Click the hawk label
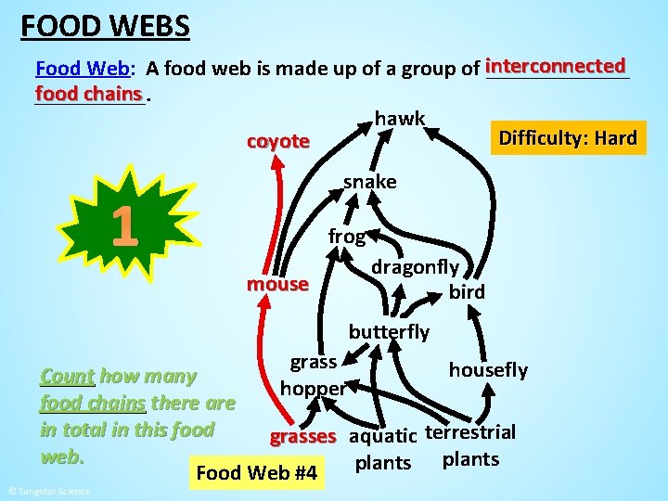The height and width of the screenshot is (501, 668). tap(400, 119)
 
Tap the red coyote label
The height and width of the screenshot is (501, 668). tap(277, 141)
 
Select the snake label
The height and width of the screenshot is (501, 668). tap(369, 182)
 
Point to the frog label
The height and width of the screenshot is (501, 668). tap(346, 237)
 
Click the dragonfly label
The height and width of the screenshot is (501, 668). tap(415, 267)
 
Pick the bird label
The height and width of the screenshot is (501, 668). tap(466, 292)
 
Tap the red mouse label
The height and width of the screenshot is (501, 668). tap(276, 284)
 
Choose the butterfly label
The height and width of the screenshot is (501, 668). tap(389, 332)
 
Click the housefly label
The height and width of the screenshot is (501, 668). tap(488, 370)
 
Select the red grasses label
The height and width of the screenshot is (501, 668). tap(302, 436)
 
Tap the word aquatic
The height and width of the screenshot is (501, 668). tap(383, 436)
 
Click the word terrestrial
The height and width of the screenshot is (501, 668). tap(470, 432)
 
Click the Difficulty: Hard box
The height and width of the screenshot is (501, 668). tap(567, 139)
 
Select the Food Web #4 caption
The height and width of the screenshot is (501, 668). tap(257, 474)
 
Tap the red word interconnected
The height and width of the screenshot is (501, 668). tap(556, 66)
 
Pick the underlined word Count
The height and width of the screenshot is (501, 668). tap(67, 377)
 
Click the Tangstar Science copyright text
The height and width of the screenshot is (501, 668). tap(48, 491)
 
